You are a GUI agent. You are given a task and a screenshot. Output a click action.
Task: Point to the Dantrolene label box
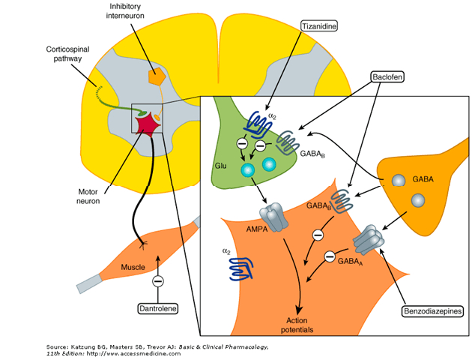158,308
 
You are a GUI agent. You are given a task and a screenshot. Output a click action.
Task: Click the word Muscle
133,267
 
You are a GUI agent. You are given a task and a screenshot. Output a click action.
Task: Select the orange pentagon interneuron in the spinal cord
157,76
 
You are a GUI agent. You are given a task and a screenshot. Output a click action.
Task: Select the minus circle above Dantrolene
158,282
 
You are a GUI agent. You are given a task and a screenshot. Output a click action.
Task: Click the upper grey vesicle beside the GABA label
402,181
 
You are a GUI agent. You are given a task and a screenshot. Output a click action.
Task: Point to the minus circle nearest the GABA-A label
328,256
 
